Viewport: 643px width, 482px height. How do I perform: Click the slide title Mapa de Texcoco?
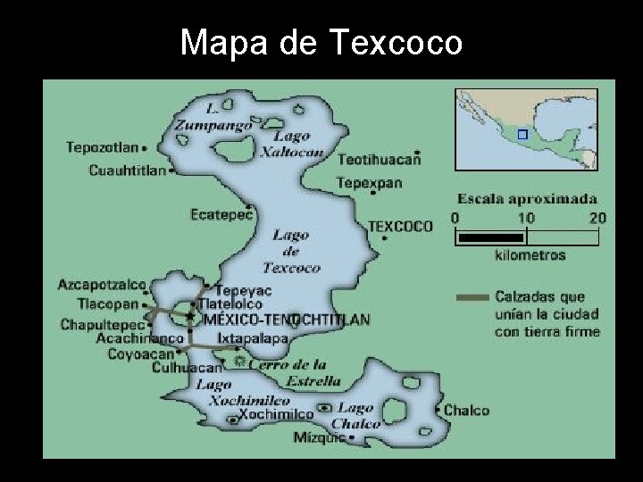pyautogui.click(x=321, y=42)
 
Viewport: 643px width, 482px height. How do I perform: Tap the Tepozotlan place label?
pyautogui.click(x=103, y=147)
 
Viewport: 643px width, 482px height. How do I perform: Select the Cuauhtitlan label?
pyautogui.click(x=127, y=170)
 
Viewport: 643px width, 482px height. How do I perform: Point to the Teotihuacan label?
pyautogui.click(x=378, y=160)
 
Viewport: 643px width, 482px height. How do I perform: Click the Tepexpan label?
pyautogui.click(x=369, y=183)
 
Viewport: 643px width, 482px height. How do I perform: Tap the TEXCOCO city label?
pyautogui.click(x=400, y=227)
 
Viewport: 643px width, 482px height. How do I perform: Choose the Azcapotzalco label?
pyautogui.click(x=102, y=285)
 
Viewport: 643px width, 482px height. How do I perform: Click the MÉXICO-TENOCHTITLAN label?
pyautogui.click(x=286, y=319)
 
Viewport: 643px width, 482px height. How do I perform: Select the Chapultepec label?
pyautogui.click(x=102, y=325)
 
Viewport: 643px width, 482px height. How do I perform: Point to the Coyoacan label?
pyautogui.click(x=140, y=353)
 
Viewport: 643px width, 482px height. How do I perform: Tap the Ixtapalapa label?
pyautogui.click(x=252, y=339)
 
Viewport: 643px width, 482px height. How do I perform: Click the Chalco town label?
pyautogui.click(x=466, y=411)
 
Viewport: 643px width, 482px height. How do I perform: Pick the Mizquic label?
pyautogui.click(x=318, y=437)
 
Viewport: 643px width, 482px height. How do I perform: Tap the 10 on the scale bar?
pyautogui.click(x=525, y=217)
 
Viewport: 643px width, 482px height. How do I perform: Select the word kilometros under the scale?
pyautogui.click(x=529, y=255)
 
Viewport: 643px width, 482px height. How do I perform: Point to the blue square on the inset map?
pyautogui.click(x=523, y=134)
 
